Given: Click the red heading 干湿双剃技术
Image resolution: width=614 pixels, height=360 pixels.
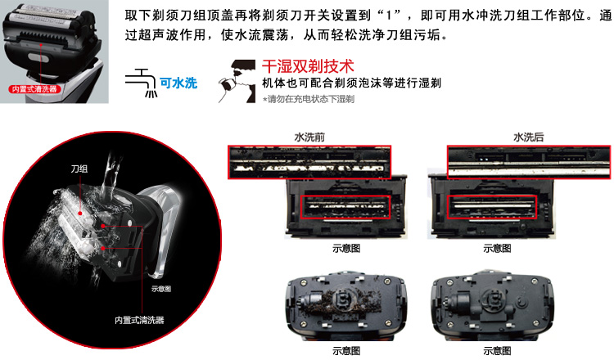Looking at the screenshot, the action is (308, 66).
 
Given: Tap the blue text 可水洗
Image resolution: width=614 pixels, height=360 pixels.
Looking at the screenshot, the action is (178, 83).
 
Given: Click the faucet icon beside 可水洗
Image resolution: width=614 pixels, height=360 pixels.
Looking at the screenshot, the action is (142, 83).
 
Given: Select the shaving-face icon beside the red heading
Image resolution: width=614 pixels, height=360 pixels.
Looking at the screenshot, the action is (237, 81).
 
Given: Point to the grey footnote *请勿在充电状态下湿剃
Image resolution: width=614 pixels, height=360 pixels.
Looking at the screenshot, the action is (309, 99).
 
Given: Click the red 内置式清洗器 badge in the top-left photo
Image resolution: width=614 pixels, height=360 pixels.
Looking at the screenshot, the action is (34, 89).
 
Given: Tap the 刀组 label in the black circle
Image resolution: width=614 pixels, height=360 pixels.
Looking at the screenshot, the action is (79, 169).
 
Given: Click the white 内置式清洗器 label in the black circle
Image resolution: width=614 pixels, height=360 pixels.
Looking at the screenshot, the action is (139, 320).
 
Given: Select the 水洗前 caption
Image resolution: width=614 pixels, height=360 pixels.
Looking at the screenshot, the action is (309, 137).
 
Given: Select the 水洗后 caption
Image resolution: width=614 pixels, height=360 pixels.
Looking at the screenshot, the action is (529, 137).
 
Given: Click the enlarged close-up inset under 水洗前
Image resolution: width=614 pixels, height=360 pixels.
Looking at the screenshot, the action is (309, 162).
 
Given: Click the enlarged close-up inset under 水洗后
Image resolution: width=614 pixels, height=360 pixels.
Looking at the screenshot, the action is (529, 162).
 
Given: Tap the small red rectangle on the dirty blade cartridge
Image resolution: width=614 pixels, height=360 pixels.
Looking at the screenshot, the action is (345, 207).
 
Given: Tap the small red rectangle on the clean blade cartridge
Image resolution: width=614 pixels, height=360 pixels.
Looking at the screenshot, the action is (492, 207).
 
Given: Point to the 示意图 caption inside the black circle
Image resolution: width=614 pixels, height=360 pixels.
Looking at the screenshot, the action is (161, 289).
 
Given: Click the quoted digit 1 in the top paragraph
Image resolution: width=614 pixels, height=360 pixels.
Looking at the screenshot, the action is (389, 16).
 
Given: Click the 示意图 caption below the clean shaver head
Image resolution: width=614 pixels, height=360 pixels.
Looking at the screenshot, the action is (497, 351).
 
